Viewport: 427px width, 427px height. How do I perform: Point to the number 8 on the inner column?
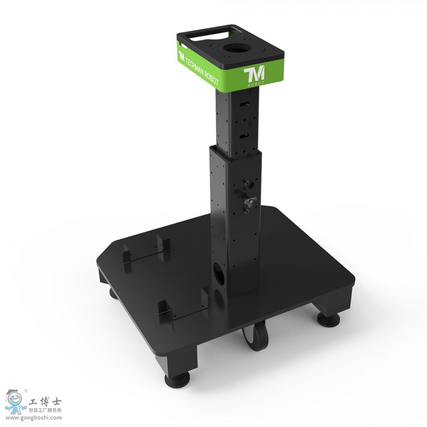[x=249, y=124]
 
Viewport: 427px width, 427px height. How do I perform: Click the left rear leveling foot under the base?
[x=112, y=292]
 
